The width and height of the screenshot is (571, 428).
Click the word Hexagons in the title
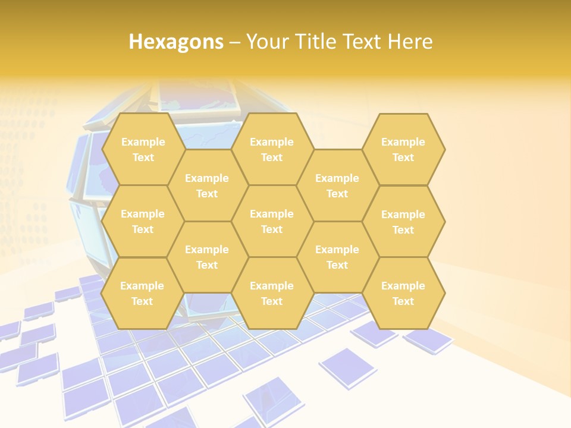coord(176,42)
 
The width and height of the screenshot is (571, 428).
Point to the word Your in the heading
coord(267,42)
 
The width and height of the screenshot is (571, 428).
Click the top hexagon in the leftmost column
coord(143,149)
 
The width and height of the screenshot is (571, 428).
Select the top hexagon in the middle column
coord(272,149)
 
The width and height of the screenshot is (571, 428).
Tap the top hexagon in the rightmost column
coord(403,149)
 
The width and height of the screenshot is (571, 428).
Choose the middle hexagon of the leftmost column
coord(143,221)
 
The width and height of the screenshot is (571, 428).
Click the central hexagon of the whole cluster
coord(272,221)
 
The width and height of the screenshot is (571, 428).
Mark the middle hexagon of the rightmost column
coord(403,222)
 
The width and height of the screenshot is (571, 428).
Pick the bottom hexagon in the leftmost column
coord(142,293)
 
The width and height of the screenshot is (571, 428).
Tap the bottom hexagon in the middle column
coord(272,293)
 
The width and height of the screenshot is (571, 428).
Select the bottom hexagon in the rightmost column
coord(403,293)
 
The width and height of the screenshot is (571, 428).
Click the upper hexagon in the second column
coord(207,185)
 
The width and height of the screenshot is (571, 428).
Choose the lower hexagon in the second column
coord(207,257)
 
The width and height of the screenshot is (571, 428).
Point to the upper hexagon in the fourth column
coord(337,185)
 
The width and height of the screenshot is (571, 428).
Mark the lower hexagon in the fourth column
coord(337,257)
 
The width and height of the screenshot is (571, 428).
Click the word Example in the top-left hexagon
coord(143,142)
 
